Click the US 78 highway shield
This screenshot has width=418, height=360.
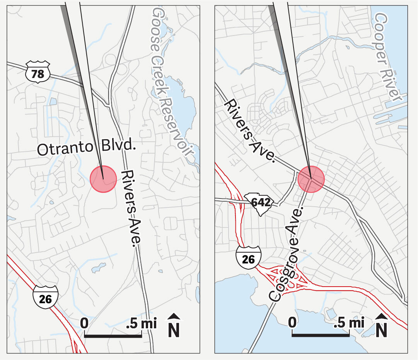pyautogui.click(x=38, y=72)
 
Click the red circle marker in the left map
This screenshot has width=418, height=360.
pyautogui.click(x=103, y=178)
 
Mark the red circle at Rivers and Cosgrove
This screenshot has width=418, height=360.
pyautogui.click(x=311, y=179)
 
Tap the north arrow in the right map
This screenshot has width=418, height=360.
pyautogui.click(x=381, y=326)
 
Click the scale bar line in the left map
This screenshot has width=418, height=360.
pyautogui.click(x=113, y=336)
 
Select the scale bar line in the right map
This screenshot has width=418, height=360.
pyautogui.click(x=321, y=335)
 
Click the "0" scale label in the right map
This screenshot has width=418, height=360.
pyautogui.click(x=293, y=322)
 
